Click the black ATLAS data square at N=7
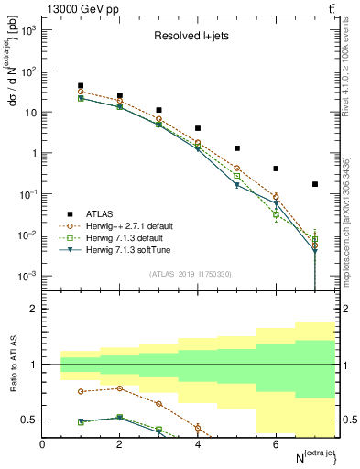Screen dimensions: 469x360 point(314,184)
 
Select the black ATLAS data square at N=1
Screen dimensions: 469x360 point(82,86)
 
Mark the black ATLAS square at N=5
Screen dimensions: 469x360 point(237,148)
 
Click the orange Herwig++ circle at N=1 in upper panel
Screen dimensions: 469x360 point(82,92)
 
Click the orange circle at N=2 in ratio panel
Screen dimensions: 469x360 point(120,388)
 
